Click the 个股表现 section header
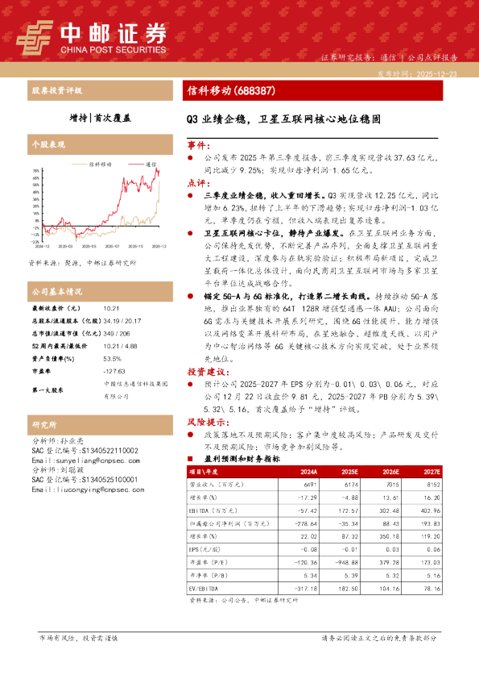coord(47,145)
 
